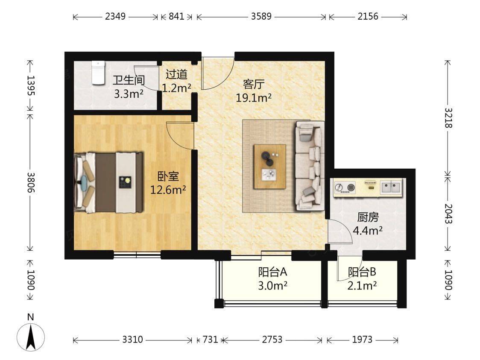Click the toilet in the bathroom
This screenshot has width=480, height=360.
[98, 73]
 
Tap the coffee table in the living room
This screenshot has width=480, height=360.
[270, 167]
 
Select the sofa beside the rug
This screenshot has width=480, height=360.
[310, 166]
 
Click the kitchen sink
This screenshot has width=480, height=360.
[391, 187]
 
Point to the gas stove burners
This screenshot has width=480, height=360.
[345, 187]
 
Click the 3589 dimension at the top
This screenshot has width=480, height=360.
[261, 16]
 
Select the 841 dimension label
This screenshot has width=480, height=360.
[177, 16]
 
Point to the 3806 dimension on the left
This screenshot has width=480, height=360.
[31, 182]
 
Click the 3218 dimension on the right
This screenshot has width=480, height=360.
[448, 118]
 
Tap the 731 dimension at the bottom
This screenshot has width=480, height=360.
[210, 340]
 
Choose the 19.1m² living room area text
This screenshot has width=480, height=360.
[254, 98]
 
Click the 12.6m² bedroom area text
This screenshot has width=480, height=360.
[168, 190]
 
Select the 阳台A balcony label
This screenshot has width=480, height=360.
[272, 272]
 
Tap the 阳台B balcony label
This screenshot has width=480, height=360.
[362, 272]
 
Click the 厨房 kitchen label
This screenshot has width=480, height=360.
[368, 217]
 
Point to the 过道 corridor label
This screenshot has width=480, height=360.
[176, 74]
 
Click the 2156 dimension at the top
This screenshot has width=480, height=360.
[368, 16]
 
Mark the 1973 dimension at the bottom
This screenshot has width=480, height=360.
[362, 340]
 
